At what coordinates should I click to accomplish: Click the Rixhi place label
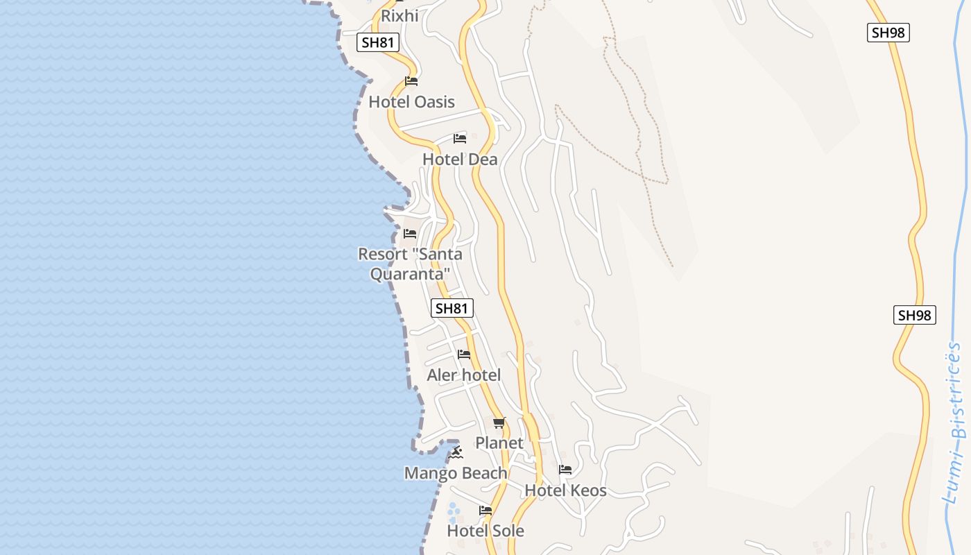(399, 15)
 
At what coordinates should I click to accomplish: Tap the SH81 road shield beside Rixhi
(378, 42)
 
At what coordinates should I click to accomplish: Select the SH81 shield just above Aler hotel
(452, 308)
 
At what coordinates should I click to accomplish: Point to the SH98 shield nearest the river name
(914, 315)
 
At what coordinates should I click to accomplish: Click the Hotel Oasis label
(411, 102)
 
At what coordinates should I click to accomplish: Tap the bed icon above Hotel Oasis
(411, 81)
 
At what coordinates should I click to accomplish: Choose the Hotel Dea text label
(460, 160)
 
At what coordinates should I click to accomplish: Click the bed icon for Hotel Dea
(460, 139)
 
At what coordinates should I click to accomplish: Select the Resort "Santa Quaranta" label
(410, 264)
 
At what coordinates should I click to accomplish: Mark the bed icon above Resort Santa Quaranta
(410, 234)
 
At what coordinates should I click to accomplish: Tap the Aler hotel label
(463, 375)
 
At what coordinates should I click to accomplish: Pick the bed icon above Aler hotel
(464, 355)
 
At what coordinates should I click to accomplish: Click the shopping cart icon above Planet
(499, 422)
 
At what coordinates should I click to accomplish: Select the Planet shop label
(499, 443)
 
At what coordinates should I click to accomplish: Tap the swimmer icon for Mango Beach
(456, 453)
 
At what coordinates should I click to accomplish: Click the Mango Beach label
(456, 473)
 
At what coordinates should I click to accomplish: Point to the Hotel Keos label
(565, 490)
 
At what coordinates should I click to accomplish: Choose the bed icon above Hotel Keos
(565, 470)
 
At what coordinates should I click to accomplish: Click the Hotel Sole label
(486, 531)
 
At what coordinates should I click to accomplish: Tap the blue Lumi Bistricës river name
(956, 423)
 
